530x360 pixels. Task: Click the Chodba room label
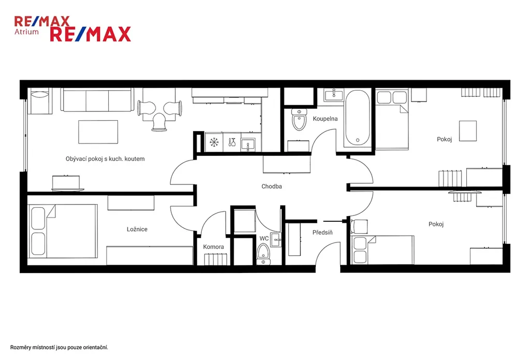[271, 186]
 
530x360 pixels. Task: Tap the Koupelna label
[325, 119]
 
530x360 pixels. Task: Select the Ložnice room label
[137, 229]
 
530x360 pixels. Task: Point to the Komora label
[213, 247]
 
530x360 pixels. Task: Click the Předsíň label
[322, 233]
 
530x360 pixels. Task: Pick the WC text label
[264, 239]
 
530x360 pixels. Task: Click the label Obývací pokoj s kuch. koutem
[105, 159]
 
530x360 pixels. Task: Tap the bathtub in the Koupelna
[358, 118]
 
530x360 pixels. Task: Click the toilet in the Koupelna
[299, 120]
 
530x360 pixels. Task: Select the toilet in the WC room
[263, 254]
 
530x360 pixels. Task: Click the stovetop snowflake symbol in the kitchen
[214, 142]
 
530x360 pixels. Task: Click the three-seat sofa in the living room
[97, 99]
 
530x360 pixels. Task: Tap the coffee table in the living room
[98, 132]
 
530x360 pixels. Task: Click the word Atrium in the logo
[26, 32]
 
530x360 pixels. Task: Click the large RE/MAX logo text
[91, 34]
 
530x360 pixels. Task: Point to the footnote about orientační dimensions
[59, 348]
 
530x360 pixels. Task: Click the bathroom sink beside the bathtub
[334, 95]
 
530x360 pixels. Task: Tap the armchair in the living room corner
[40, 100]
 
